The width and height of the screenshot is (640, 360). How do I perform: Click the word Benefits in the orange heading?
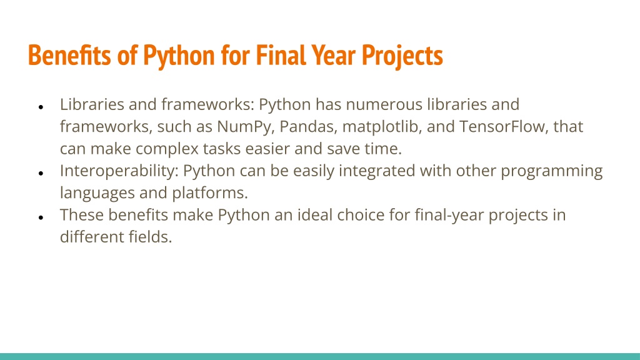pyautogui.click(x=69, y=55)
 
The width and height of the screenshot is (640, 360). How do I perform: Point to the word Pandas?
pyautogui.click(x=308, y=126)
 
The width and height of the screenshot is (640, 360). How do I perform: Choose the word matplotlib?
pyautogui.click(x=381, y=127)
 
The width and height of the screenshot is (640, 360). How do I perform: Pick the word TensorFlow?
pyautogui.click(x=502, y=126)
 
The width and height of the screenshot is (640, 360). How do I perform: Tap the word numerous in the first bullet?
pyautogui.click(x=384, y=105)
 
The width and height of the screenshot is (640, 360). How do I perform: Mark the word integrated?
pyautogui.click(x=377, y=171)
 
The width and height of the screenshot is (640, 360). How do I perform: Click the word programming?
pyautogui.click(x=551, y=171)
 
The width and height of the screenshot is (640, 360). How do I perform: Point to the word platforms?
pyautogui.click(x=210, y=193)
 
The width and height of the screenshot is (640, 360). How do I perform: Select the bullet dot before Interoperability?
pyautogui.click(x=41, y=174)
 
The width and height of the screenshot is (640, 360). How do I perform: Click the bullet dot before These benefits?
pyautogui.click(x=41, y=217)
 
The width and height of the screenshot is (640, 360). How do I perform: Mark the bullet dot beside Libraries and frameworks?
pyautogui.click(x=41, y=107)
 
